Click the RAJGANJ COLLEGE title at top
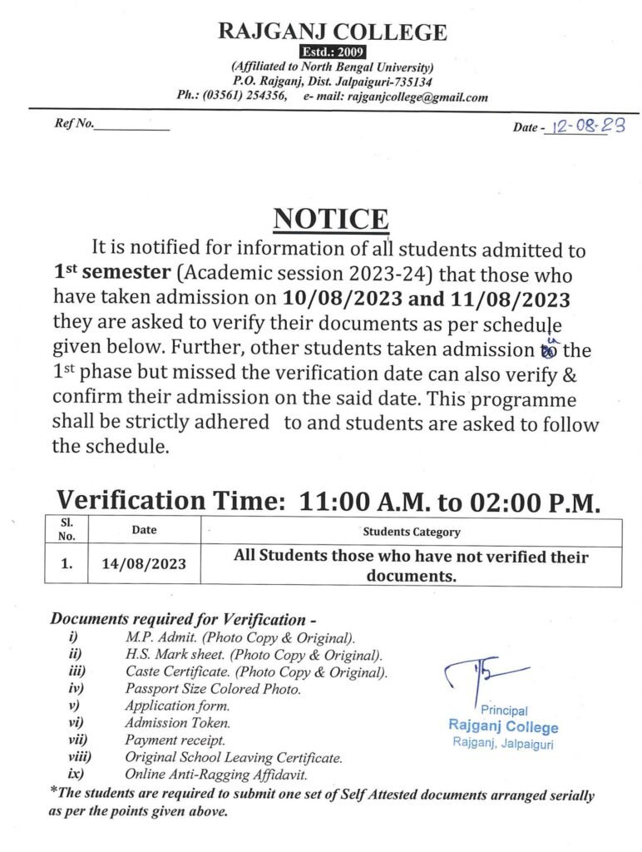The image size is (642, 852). pos(332,32)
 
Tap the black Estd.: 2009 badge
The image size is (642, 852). pos(332,53)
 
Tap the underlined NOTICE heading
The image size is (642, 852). pos(331,219)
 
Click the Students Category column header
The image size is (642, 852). pos(411,532)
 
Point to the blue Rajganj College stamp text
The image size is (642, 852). pos(503,726)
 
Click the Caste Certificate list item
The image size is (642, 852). pos(256,671)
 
